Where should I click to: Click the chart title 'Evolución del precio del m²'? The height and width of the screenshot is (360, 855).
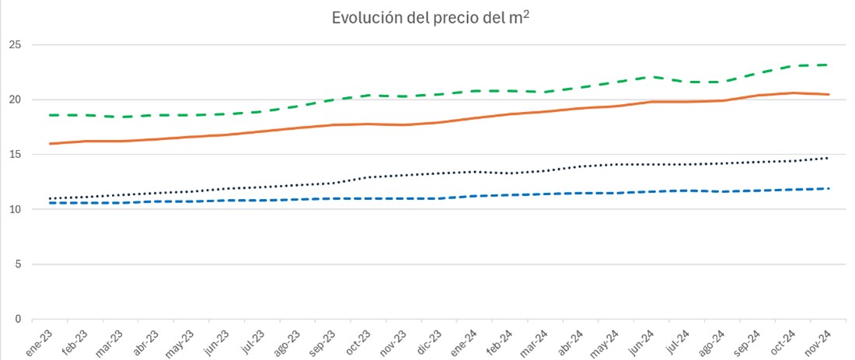click(431, 18)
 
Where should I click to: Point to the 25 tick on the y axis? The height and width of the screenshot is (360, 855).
click(16, 45)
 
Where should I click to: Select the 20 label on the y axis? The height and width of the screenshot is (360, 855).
click(16, 100)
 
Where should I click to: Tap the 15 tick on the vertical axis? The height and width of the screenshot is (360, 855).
click(16, 155)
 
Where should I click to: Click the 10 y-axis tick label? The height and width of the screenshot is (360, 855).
click(16, 209)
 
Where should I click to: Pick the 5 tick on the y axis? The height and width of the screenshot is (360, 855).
click(19, 264)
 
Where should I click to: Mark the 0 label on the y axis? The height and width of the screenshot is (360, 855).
click(19, 320)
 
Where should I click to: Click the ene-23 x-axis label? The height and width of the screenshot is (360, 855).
click(41, 342)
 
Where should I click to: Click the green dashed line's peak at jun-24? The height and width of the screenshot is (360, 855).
click(654, 77)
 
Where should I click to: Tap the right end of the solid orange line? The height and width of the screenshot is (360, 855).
click(829, 94)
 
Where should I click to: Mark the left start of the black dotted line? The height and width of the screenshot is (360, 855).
click(51, 198)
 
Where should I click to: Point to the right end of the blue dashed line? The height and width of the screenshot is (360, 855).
click(829, 189)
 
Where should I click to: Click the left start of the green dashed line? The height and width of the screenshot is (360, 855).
click(51, 115)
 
